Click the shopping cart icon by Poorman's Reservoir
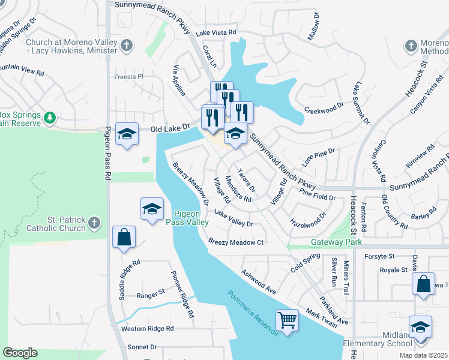pos(288,319)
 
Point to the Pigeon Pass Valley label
pos(191,218)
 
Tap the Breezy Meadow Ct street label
pos(236,242)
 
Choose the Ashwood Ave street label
pos(258,281)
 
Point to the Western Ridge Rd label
pos(147,329)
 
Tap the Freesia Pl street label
pos(130,77)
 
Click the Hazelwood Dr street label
pos(307,218)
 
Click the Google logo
pos(20,353)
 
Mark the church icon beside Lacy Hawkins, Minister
pos(126,45)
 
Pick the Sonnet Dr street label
pos(142,347)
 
